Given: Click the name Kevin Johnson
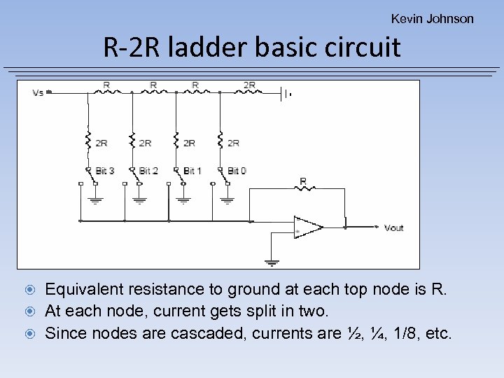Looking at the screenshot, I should coord(432,19).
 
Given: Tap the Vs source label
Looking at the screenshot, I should coord(38,92).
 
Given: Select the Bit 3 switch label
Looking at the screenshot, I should coord(105,170).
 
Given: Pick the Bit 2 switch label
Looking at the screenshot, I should coord(148,170).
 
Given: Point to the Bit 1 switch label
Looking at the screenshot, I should coord(192,170).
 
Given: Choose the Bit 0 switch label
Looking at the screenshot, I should coord(237,170).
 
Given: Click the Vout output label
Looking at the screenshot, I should coord(394,227).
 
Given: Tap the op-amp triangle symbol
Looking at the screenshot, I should coord(307,227).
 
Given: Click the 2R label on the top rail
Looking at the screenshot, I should coord(249,85).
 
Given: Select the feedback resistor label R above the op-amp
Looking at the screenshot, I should coord(303,181).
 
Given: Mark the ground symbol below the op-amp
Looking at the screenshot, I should coord(272,262).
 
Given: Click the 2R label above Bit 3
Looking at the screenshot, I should coord(101,143).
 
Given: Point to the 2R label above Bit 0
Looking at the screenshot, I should coord(233,143).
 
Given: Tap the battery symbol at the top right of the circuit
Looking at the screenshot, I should coord(285,92).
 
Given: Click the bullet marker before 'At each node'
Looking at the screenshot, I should coord(31,311).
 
